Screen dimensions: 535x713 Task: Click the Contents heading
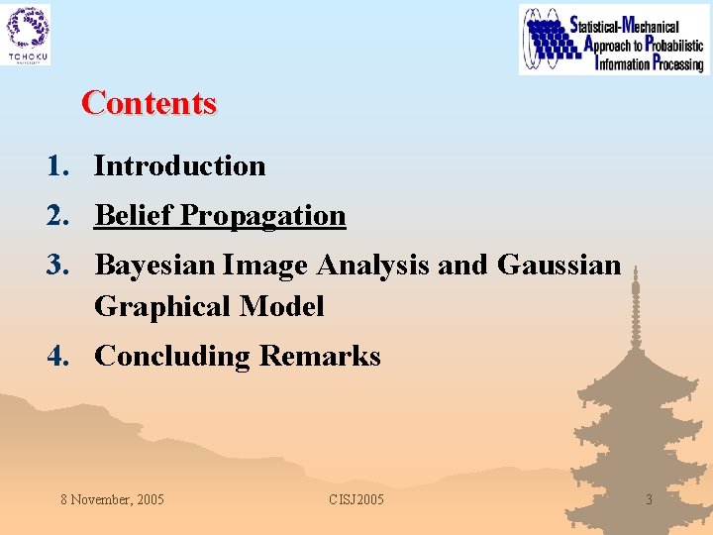pyautogui.click(x=149, y=103)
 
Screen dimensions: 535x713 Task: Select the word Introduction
pyautogui.click(x=179, y=166)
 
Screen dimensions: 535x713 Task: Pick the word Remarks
pyautogui.click(x=320, y=357)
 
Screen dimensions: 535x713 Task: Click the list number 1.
pyautogui.click(x=56, y=166)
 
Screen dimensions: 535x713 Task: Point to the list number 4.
pyautogui.click(x=56, y=357)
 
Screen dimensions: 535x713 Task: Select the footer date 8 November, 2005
pyautogui.click(x=112, y=499)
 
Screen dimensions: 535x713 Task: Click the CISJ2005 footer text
pyautogui.click(x=356, y=499)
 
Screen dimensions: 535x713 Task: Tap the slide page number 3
pyautogui.click(x=649, y=499)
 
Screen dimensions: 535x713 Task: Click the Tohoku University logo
pyautogui.click(x=28, y=35)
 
